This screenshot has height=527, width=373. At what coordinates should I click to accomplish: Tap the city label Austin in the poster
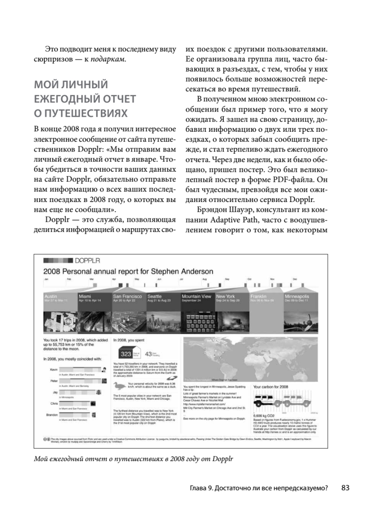[51, 296]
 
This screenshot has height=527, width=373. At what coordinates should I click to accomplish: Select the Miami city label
[85, 296]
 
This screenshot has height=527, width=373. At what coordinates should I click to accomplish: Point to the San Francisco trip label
[127, 296]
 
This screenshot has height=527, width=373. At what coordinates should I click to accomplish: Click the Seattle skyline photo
[163, 323]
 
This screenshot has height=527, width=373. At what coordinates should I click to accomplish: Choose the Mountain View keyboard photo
[197, 323]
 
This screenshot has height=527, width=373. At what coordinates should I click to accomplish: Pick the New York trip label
[225, 296]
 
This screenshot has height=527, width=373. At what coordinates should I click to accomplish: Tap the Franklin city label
[258, 296]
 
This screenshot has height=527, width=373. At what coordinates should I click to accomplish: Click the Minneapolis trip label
[297, 296]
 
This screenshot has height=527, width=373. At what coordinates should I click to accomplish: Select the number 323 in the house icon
[127, 354]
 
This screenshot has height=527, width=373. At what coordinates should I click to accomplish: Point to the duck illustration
[119, 386]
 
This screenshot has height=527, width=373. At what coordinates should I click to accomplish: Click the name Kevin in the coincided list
[54, 370]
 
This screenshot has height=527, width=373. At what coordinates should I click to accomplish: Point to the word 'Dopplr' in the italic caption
[221, 460]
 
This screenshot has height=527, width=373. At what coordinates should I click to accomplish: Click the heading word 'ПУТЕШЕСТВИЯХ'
[80, 113]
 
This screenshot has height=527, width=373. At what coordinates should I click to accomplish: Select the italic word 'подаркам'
[109, 59]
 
